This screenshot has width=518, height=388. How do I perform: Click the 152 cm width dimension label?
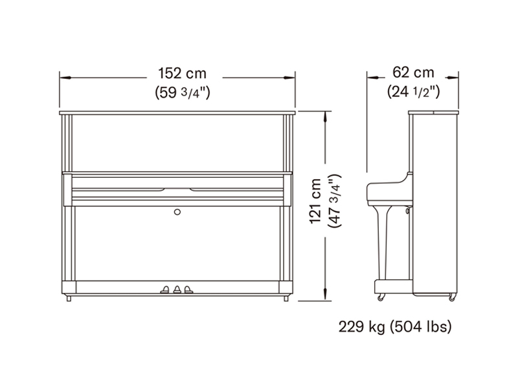tap(183, 73)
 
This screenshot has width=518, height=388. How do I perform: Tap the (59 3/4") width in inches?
tap(183, 92)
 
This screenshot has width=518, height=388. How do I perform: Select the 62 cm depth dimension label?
tap(413, 72)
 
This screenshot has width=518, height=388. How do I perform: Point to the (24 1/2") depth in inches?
tap(413, 91)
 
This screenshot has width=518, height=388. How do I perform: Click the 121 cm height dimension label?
tap(315, 201)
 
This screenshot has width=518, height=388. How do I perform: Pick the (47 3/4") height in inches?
tap(334, 200)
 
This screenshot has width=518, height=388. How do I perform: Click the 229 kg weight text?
tap(362, 327)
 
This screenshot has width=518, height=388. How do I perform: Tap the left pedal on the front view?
tap(165, 290)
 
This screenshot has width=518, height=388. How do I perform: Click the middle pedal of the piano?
tap(177, 289)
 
